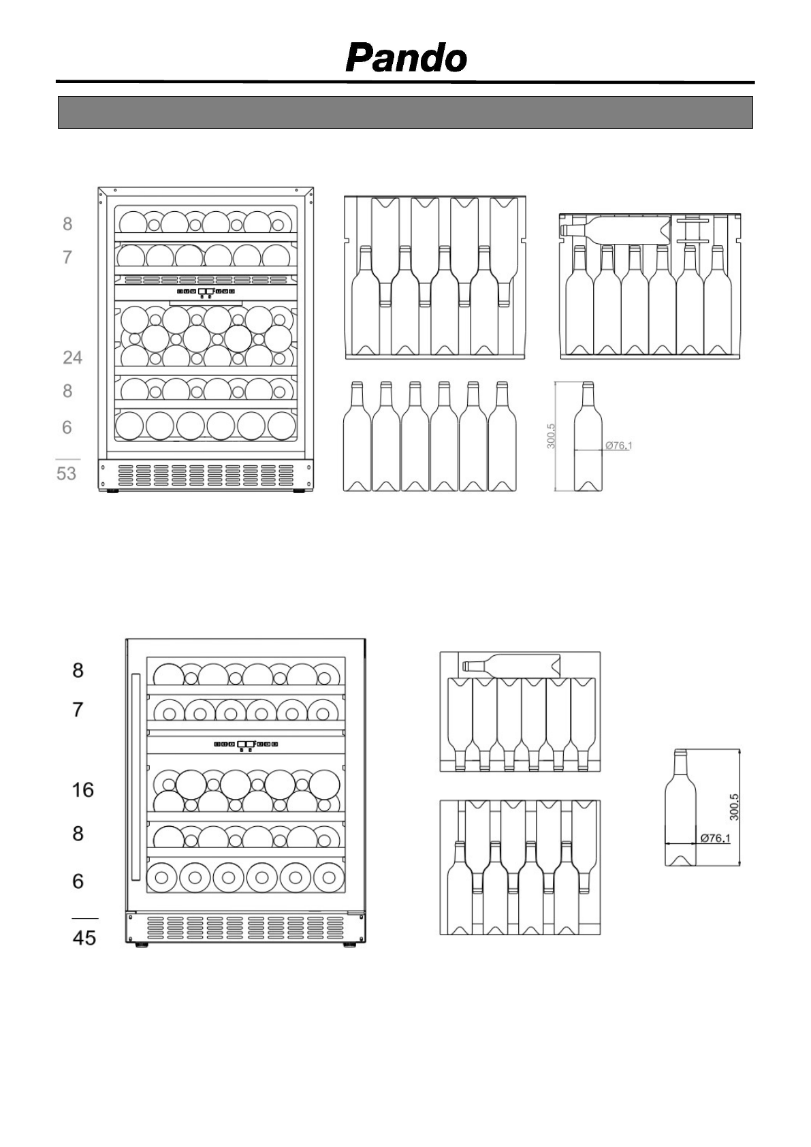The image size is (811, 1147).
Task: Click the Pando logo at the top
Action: point(406,58)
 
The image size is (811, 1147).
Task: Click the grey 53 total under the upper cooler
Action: point(66,473)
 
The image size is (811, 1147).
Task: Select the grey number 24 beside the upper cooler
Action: point(72,357)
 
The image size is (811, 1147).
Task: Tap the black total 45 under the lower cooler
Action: point(84,938)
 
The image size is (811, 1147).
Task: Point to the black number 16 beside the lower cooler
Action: point(83,790)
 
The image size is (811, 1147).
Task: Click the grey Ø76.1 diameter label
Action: point(619,445)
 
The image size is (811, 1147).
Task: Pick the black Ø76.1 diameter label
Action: point(715,838)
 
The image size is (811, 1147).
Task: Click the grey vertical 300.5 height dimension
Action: point(552,436)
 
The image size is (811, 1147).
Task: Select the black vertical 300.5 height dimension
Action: point(734,807)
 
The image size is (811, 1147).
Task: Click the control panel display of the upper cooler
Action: point(206,292)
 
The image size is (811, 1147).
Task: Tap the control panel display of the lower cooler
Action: point(246,744)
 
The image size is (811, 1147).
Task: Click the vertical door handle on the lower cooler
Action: point(136,776)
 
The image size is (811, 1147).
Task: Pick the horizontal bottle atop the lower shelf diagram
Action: point(511,663)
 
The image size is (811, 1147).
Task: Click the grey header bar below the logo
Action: point(405,112)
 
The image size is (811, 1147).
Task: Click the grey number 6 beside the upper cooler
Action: point(67,427)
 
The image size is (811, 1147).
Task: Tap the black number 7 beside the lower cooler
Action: point(78,710)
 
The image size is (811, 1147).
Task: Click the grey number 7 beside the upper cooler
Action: point(67,257)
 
